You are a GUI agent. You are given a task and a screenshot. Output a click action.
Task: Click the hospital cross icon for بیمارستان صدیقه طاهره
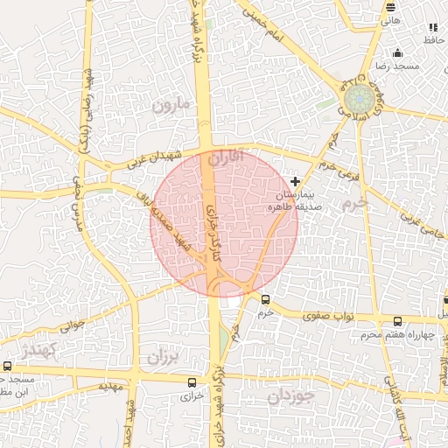[294, 181]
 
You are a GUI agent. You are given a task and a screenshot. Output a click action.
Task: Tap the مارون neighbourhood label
[171, 106]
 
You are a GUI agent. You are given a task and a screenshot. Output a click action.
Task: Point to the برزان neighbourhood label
[162, 357]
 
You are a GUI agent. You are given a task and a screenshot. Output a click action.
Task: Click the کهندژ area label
[40, 351]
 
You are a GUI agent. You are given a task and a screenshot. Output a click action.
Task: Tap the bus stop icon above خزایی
[192, 381]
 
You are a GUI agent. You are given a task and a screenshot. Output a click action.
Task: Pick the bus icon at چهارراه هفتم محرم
[398, 321]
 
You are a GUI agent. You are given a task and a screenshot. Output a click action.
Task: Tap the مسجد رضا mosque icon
[398, 52]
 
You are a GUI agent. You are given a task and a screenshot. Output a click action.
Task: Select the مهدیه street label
[108, 386]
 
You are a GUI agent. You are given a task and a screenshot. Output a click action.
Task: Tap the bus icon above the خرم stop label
[265, 299]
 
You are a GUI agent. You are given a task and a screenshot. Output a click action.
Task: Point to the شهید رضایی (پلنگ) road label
[87, 115]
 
